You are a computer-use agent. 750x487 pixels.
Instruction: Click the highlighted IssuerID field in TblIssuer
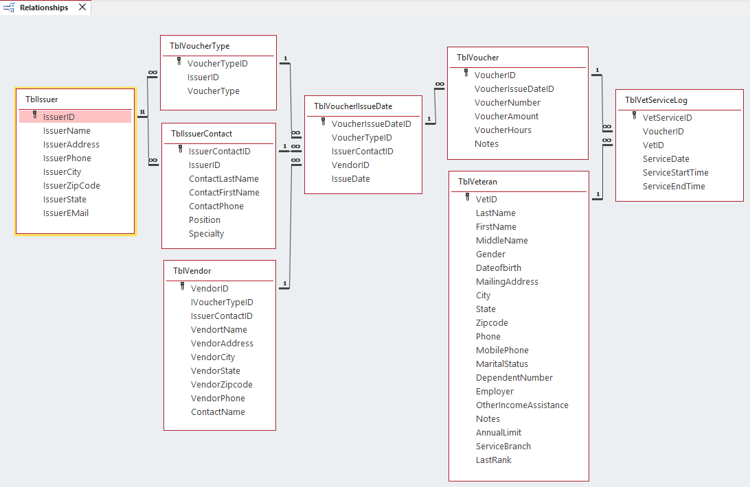(59, 117)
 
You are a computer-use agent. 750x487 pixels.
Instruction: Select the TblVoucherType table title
(200, 46)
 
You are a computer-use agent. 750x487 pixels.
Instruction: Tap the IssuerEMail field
(66, 213)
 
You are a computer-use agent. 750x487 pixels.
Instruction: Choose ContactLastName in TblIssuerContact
(224, 179)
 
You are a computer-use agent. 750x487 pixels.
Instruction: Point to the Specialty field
(207, 234)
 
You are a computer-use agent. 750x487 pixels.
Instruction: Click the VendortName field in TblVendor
(219, 330)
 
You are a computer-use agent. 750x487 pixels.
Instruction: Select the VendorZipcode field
(222, 385)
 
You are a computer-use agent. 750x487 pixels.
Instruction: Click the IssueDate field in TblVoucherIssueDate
(351, 179)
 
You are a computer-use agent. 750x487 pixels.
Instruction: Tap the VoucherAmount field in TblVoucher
(507, 117)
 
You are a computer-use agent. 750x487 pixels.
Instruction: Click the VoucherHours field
(503, 130)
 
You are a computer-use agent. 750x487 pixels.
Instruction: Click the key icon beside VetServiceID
(634, 117)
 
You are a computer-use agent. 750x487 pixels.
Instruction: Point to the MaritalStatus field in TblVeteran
(502, 364)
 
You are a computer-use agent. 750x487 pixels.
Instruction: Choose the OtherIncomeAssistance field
(522, 405)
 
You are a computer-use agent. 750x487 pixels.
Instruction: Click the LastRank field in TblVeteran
(494, 460)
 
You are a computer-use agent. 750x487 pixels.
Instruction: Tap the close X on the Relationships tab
(82, 8)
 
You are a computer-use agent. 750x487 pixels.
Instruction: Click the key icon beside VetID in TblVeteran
(467, 198)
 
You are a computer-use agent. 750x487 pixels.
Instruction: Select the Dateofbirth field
(499, 268)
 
